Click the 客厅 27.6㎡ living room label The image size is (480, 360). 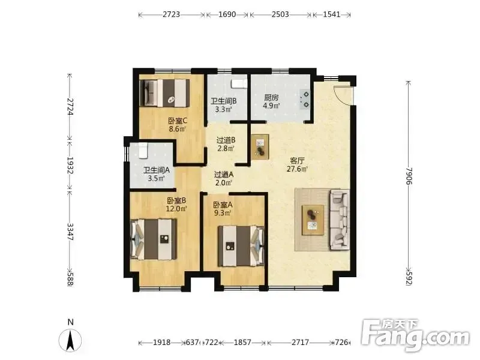point(297,164)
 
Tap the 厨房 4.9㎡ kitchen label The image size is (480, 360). point(272,102)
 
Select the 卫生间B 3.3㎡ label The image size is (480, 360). point(223,105)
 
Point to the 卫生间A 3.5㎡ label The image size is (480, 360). point(157,174)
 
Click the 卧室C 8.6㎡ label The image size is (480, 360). point(178,125)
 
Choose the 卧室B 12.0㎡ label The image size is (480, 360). point(176,205)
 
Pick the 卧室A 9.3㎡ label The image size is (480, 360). point(223,209)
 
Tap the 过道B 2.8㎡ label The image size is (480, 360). point(226,145)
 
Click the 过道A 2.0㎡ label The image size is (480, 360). point(223,179)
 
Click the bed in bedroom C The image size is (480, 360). point(163,93)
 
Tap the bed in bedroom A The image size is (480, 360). point(241,246)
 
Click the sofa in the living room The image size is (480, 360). point(340,219)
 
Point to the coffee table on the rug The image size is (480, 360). point(313,220)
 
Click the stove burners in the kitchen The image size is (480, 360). point(305,100)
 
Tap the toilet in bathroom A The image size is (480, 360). point(143,151)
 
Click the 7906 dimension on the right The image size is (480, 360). point(409,175)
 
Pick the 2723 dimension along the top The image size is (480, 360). point(171,14)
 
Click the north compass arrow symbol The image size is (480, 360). point(70,340)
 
